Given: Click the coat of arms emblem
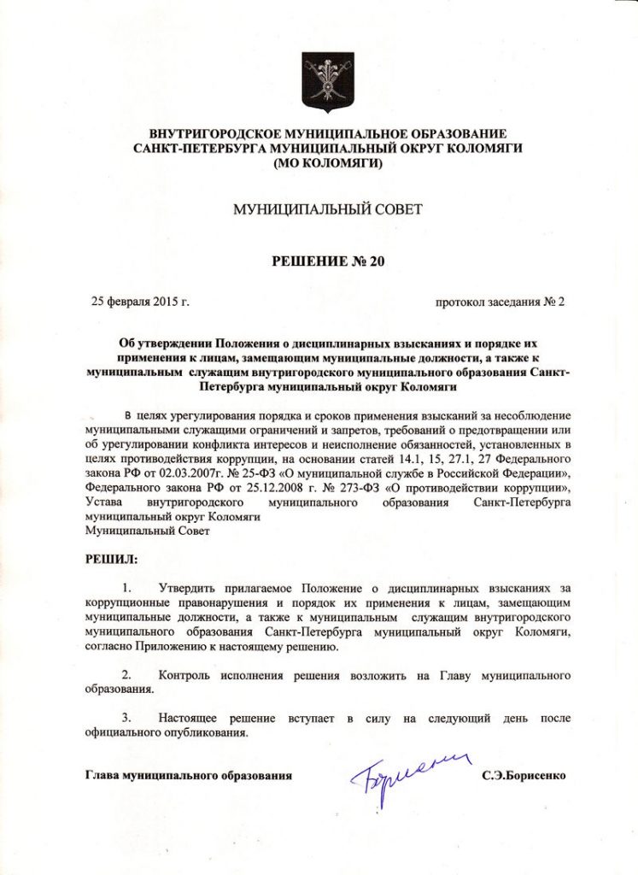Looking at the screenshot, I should coord(328,82).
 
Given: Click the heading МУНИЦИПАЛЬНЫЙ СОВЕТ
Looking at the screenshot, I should coord(328,209).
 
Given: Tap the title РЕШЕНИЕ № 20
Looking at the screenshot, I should coord(328,261).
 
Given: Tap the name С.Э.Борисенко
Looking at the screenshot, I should coord(523,777).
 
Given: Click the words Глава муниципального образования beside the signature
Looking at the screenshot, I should coord(189,777).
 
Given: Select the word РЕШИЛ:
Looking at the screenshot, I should coord(110,559).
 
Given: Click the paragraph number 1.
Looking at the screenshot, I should coord(127,588).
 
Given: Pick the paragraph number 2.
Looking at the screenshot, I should coord(127,675).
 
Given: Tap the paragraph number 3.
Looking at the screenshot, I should coord(127,719).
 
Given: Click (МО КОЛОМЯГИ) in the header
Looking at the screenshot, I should coord(328,162).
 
